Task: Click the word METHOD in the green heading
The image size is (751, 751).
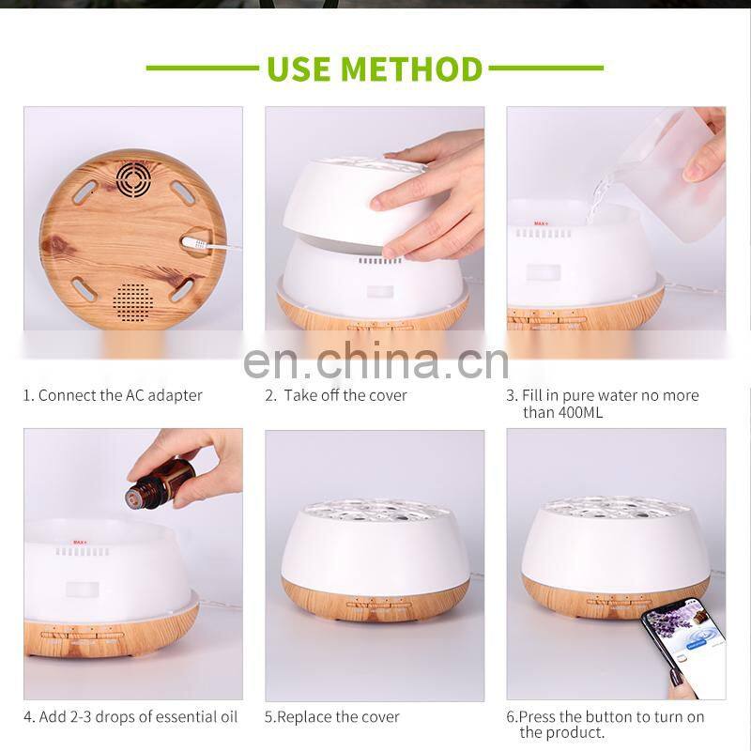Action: tap(411, 69)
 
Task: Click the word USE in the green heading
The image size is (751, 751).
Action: tap(299, 69)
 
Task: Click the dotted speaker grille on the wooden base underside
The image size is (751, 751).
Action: tap(133, 301)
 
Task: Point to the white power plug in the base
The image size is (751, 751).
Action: tap(195, 243)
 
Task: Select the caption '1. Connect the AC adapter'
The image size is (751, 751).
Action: tap(113, 395)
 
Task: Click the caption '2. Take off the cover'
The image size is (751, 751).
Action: tap(336, 395)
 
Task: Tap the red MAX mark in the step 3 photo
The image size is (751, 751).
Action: tap(542, 223)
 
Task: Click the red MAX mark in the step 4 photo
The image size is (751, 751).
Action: tap(80, 543)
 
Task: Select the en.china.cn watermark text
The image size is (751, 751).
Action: tap(375, 360)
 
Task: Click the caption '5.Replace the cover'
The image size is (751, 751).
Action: tap(332, 717)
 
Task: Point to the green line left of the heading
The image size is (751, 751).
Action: tap(203, 68)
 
